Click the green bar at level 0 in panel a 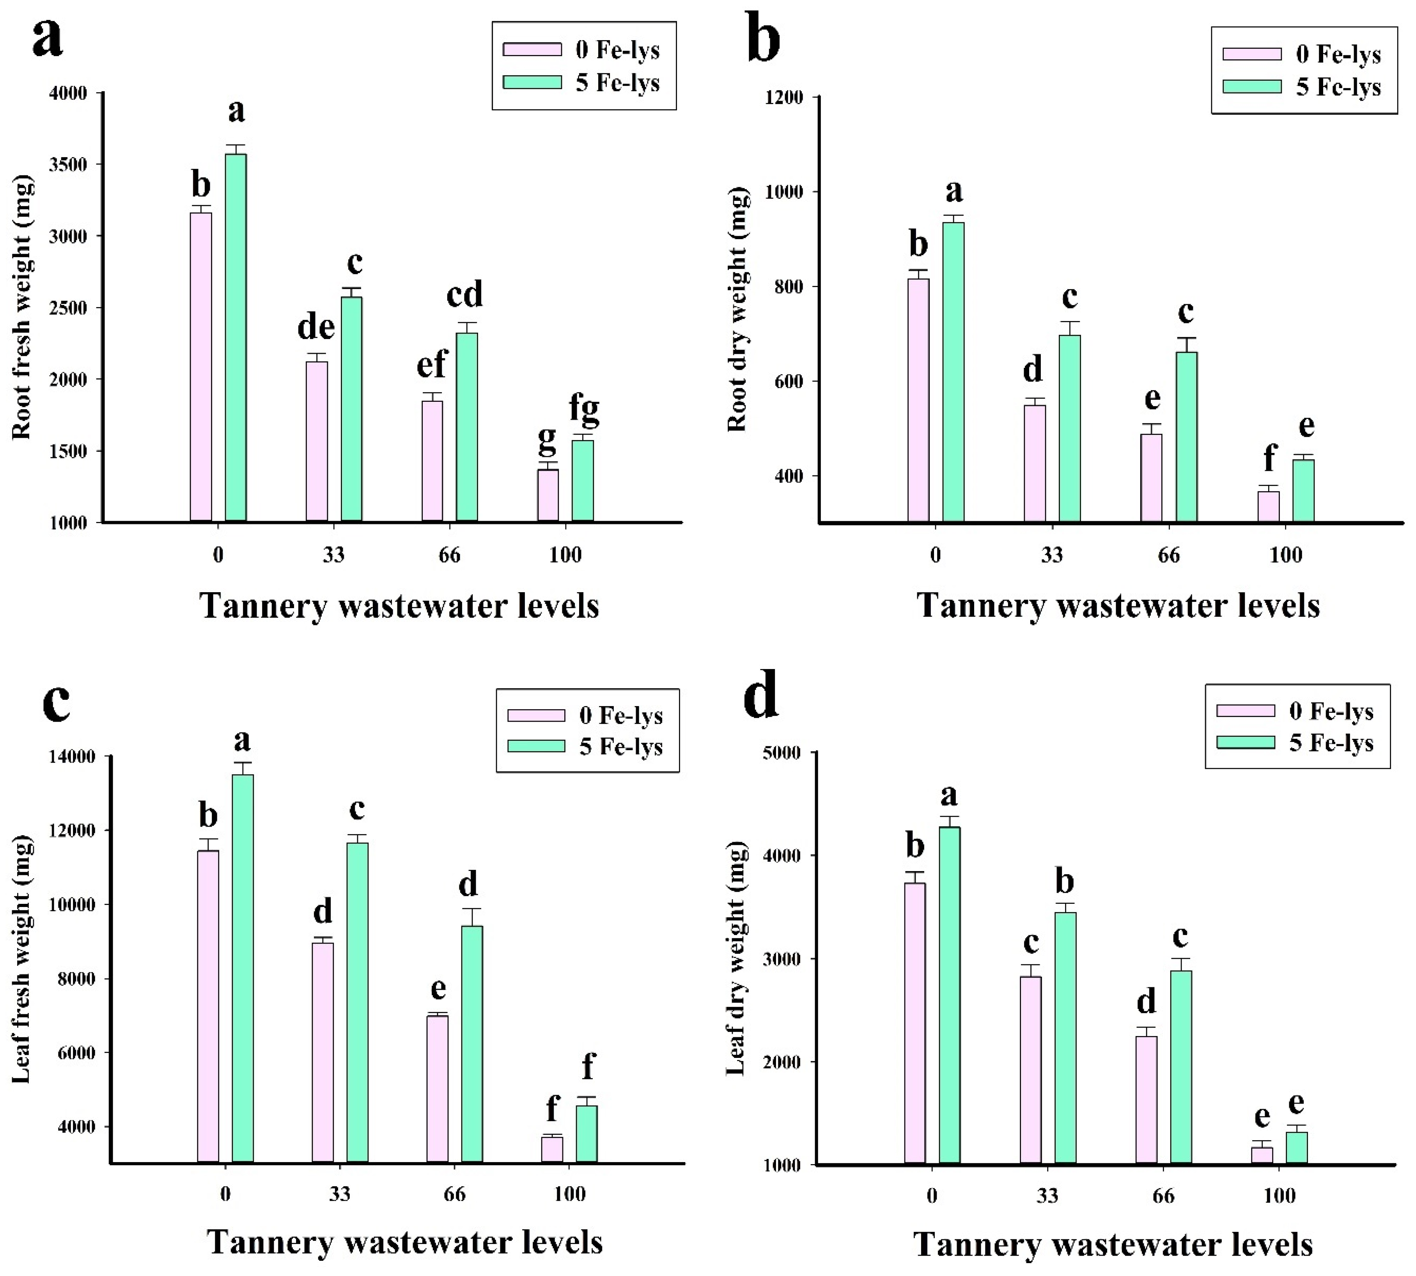[236, 338]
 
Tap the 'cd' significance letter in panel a [465, 295]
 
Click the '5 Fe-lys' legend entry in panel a [582, 83]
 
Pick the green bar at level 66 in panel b [1186, 437]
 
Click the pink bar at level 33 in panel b [1035, 463]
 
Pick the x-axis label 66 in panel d [1163, 1195]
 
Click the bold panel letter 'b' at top [764, 39]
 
